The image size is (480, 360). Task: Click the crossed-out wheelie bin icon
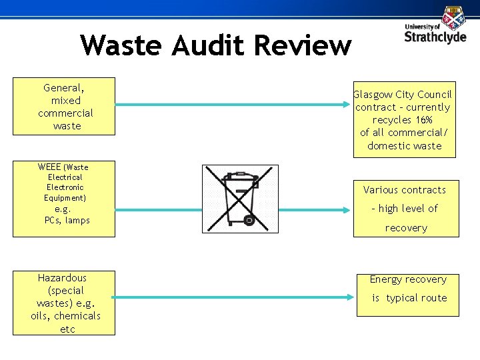(240, 199)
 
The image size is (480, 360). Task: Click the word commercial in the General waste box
(65, 113)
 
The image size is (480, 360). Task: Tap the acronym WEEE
(49, 167)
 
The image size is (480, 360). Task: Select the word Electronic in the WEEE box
(65, 187)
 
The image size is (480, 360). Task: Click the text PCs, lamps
(67, 220)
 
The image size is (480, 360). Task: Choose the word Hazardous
(62, 277)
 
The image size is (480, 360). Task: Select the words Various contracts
(405, 190)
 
